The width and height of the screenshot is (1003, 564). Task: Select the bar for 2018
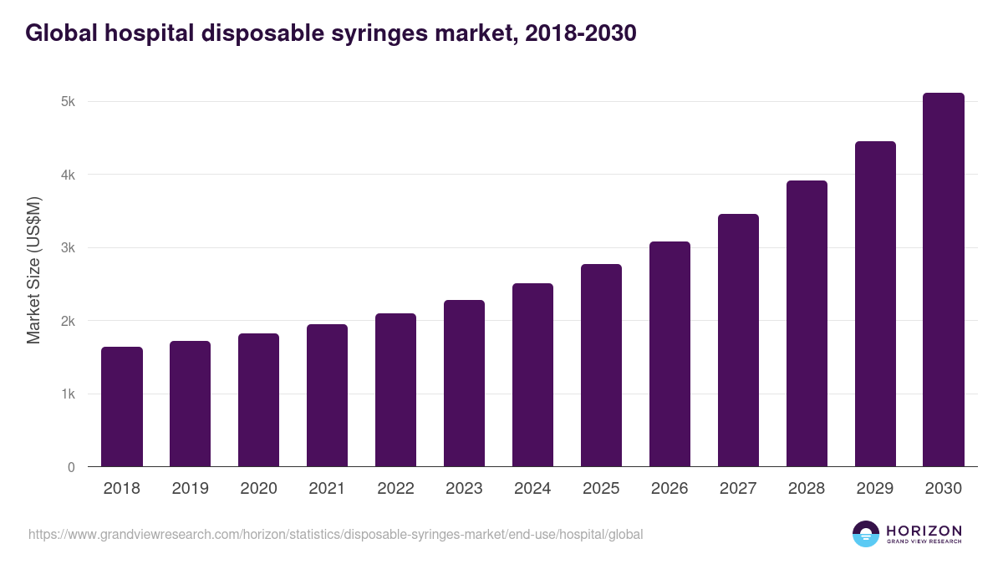point(122,407)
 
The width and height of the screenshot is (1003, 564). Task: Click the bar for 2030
point(944,280)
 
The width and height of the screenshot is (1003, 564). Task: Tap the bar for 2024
point(532,375)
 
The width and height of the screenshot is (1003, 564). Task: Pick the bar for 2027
point(738,340)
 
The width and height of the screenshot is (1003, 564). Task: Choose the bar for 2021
point(327,395)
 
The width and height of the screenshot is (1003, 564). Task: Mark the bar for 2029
point(875,304)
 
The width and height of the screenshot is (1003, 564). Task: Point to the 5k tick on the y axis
point(68,102)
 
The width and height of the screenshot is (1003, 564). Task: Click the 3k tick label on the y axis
point(68,248)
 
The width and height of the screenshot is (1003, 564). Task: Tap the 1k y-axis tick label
point(68,394)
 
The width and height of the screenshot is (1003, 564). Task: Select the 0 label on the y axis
point(71,467)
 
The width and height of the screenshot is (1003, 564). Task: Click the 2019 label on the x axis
point(190,489)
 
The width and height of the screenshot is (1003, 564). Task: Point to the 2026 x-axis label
point(670,489)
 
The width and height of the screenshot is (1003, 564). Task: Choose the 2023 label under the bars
point(464,489)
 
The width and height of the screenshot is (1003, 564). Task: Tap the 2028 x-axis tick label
point(807,489)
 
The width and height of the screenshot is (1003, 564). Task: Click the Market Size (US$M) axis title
point(33,270)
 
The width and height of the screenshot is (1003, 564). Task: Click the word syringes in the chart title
point(400,33)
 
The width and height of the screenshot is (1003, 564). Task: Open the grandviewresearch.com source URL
point(335,534)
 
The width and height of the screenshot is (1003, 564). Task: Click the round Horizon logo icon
point(865,534)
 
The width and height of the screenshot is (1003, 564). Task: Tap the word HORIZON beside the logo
point(924,531)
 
